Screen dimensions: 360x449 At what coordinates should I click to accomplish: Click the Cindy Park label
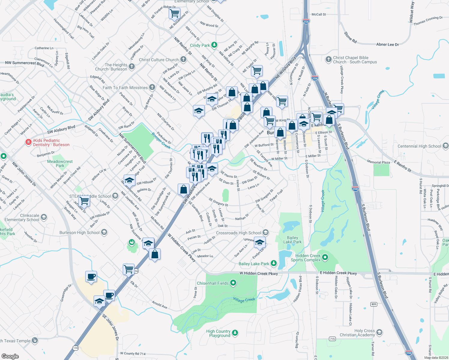[200, 45]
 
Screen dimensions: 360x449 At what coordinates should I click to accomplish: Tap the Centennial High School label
[419, 146]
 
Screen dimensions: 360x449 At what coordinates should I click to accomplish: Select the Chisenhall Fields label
[213, 283]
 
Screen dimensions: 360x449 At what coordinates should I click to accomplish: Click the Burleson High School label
[80, 232]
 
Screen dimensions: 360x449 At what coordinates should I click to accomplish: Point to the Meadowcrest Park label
[60, 163]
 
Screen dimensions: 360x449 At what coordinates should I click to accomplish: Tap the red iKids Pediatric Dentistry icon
[29, 142]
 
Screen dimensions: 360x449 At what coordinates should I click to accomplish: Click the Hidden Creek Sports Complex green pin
[325, 257]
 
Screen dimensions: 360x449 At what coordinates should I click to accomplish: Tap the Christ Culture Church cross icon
[183, 59]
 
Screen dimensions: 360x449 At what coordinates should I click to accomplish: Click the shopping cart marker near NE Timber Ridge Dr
[174, 13]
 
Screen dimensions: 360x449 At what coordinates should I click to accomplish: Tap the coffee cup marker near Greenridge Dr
[91, 276]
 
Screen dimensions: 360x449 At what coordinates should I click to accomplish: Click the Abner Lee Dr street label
[387, 44]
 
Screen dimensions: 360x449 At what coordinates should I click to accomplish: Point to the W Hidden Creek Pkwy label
[258, 273]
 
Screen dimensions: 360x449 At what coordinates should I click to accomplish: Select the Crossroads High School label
[239, 233]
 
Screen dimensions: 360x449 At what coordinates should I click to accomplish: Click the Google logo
[10, 356]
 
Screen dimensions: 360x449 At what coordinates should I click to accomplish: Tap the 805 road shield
[374, 304]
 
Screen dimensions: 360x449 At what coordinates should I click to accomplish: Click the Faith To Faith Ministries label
[125, 88]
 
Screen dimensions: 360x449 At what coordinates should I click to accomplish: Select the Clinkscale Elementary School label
[22, 217]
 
